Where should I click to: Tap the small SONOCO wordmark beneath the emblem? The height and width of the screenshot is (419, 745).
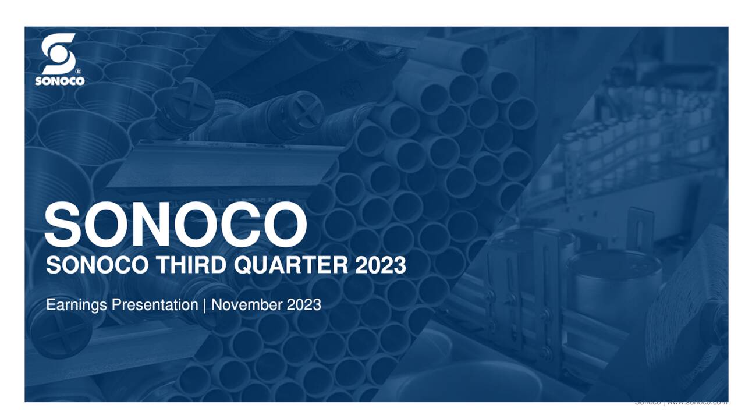pos(59,81)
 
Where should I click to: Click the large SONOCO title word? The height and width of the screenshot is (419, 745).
pos(175,224)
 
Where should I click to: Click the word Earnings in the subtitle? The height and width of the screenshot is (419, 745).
pos(74,305)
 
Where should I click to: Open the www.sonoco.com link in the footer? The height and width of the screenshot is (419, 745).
pos(697,403)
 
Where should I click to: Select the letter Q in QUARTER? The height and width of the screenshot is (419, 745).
pos(243,267)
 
